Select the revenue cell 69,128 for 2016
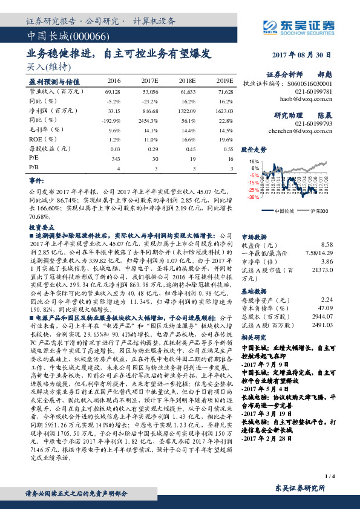pyautogui.click(x=113, y=91)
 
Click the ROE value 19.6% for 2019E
pyautogui.click(x=224, y=138)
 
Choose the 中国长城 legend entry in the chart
pyautogui.click(x=284, y=210)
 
